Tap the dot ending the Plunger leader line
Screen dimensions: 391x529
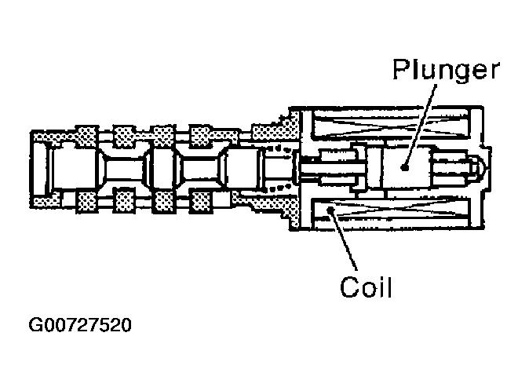point(403,166)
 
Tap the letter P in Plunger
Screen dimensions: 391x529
point(400,71)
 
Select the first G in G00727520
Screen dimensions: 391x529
point(34,323)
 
